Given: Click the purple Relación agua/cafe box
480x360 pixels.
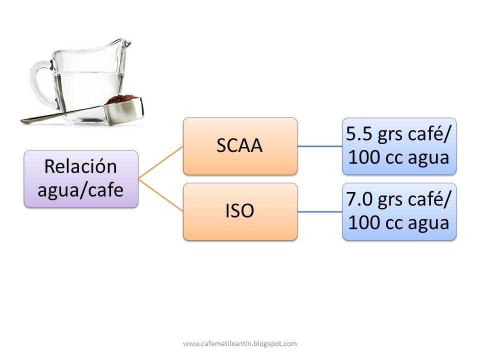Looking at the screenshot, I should (80, 178).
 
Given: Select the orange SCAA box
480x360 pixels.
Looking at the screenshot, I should (240, 146).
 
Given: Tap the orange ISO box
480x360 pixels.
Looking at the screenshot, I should (240, 211).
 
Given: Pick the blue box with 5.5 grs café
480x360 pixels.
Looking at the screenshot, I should (399, 146).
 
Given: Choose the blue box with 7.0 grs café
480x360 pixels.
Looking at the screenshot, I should (399, 211).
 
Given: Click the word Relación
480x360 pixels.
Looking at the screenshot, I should (80, 166).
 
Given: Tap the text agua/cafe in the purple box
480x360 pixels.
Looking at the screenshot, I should (80, 190).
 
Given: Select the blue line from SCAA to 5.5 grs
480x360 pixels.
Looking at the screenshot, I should (320, 146).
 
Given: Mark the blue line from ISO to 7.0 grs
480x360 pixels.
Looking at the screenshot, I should (320, 211).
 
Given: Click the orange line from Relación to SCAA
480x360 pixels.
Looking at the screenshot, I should (160, 162).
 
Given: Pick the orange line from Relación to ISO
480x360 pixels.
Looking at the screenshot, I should (160, 195).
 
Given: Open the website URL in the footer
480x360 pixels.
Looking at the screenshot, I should (240, 343).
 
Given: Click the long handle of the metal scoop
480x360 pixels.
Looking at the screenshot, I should (60, 116).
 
